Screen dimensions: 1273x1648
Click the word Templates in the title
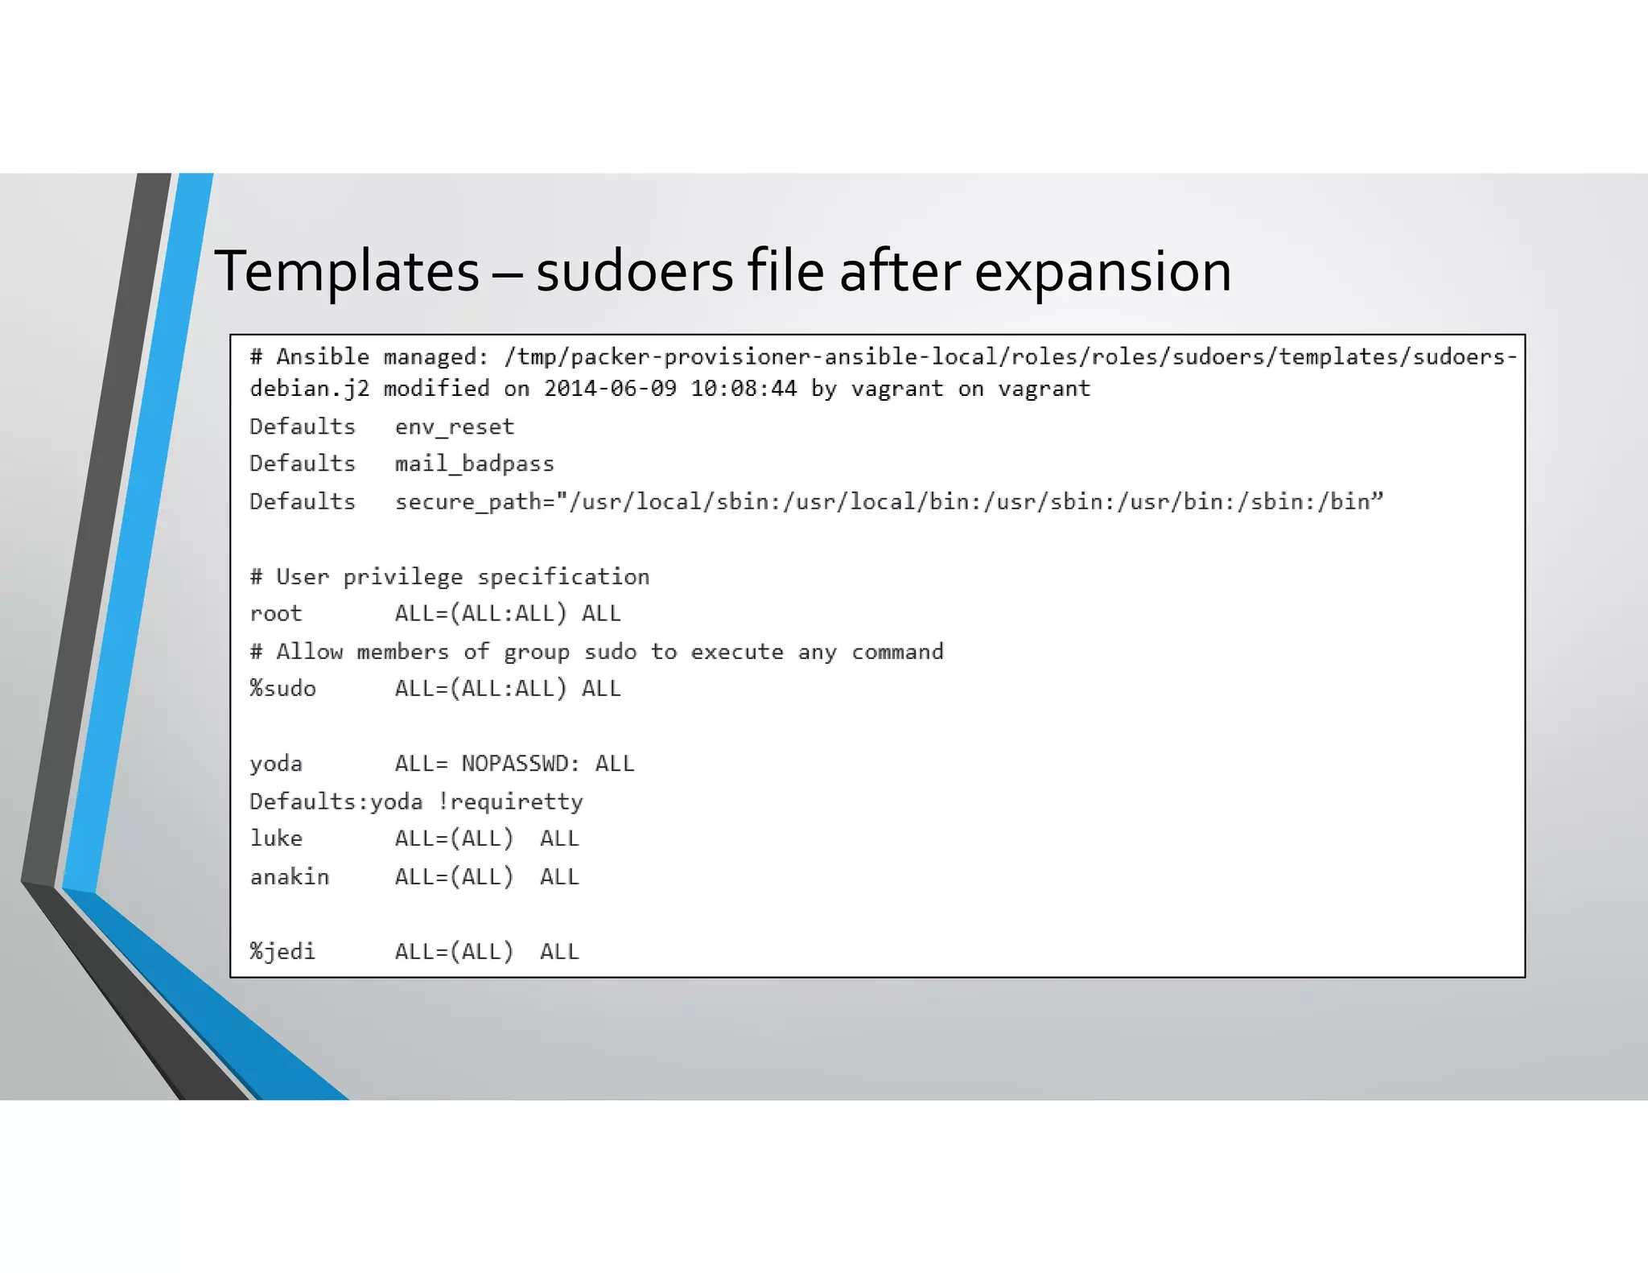click(347, 271)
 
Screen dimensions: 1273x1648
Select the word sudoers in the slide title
click(635, 271)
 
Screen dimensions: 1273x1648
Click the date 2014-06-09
click(610, 389)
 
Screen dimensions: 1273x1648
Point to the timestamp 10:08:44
click(744, 389)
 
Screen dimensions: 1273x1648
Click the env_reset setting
click(454, 426)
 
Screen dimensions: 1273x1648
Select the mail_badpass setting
click(474, 464)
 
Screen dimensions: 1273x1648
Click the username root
click(276, 614)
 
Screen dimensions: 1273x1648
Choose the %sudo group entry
click(282, 689)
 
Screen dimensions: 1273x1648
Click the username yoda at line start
click(276, 764)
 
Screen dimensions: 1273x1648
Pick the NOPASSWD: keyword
click(521, 764)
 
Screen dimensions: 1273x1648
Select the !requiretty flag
click(511, 801)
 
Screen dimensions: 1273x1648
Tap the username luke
click(276, 838)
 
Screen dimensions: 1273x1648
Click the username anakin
click(290, 876)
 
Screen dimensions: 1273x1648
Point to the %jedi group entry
click(282, 951)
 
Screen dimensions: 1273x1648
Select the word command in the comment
click(897, 652)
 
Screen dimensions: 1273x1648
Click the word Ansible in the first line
click(323, 356)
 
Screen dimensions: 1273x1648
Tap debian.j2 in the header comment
click(309, 389)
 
